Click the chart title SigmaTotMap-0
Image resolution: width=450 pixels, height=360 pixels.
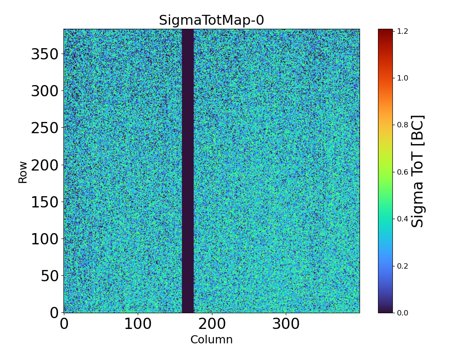[211, 21]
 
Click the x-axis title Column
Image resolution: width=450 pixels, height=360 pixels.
[211, 340]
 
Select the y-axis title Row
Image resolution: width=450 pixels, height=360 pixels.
[22, 172]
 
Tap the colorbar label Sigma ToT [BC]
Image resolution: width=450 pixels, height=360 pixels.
[418, 171]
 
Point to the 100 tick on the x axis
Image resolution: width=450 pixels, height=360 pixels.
[138, 324]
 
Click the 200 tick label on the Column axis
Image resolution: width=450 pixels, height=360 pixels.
[212, 324]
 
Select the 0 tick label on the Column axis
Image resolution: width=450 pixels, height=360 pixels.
[64, 324]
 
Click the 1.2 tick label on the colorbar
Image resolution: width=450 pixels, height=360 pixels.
[402, 31]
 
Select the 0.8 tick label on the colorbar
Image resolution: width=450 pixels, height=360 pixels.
[402, 125]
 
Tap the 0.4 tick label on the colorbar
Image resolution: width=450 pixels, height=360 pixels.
[402, 219]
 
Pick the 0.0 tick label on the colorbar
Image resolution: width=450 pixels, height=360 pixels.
[402, 313]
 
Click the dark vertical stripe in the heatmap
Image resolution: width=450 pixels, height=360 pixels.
[188, 171]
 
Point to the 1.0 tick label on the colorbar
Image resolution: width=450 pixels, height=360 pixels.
[402, 78]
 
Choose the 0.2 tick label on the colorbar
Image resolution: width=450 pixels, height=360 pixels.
[402, 266]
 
